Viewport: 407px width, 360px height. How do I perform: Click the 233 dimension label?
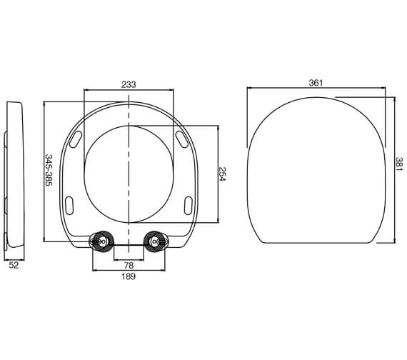(x=129, y=84)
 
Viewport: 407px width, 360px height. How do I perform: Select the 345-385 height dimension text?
(x=49, y=170)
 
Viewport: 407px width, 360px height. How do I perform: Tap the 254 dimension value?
(x=223, y=174)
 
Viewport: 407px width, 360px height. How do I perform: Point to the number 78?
(x=129, y=266)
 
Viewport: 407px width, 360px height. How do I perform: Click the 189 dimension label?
(x=129, y=276)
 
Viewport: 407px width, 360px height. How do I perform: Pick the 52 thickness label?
(x=14, y=265)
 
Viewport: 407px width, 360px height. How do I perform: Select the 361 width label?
(x=316, y=83)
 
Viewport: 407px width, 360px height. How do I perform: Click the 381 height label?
(x=399, y=164)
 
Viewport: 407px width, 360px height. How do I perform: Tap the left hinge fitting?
(x=101, y=241)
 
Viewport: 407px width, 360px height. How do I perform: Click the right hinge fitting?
(x=156, y=241)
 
